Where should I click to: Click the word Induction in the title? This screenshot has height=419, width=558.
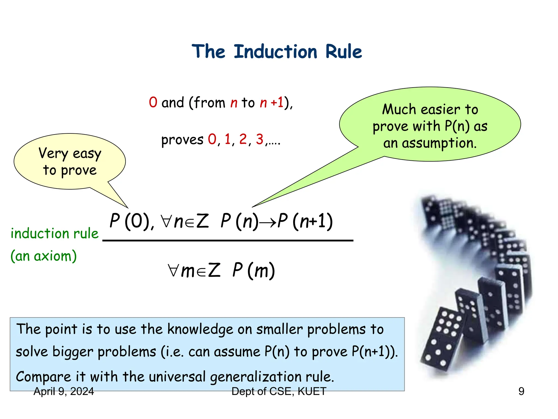(275, 52)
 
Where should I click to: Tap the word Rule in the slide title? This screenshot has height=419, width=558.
(344, 52)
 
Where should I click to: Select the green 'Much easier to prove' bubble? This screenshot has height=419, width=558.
(430, 124)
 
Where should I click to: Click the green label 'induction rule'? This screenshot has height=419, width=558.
(54, 234)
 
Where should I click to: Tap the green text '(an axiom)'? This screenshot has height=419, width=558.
(44, 256)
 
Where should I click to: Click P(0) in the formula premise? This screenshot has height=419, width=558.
(131, 221)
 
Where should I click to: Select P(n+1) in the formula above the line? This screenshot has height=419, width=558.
(305, 221)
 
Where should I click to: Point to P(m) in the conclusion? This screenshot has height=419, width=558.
(253, 271)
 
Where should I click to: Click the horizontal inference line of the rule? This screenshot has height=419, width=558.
(228, 240)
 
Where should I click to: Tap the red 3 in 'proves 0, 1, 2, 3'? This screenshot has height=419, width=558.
(259, 139)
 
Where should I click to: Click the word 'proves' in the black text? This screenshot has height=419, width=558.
(182, 140)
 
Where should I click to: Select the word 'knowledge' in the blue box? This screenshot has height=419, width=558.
(200, 329)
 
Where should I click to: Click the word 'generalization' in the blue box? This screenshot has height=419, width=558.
(256, 377)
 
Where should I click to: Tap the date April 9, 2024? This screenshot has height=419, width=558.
(64, 391)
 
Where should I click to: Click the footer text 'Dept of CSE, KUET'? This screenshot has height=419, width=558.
(279, 391)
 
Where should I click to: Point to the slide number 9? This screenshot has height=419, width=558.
(521, 391)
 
